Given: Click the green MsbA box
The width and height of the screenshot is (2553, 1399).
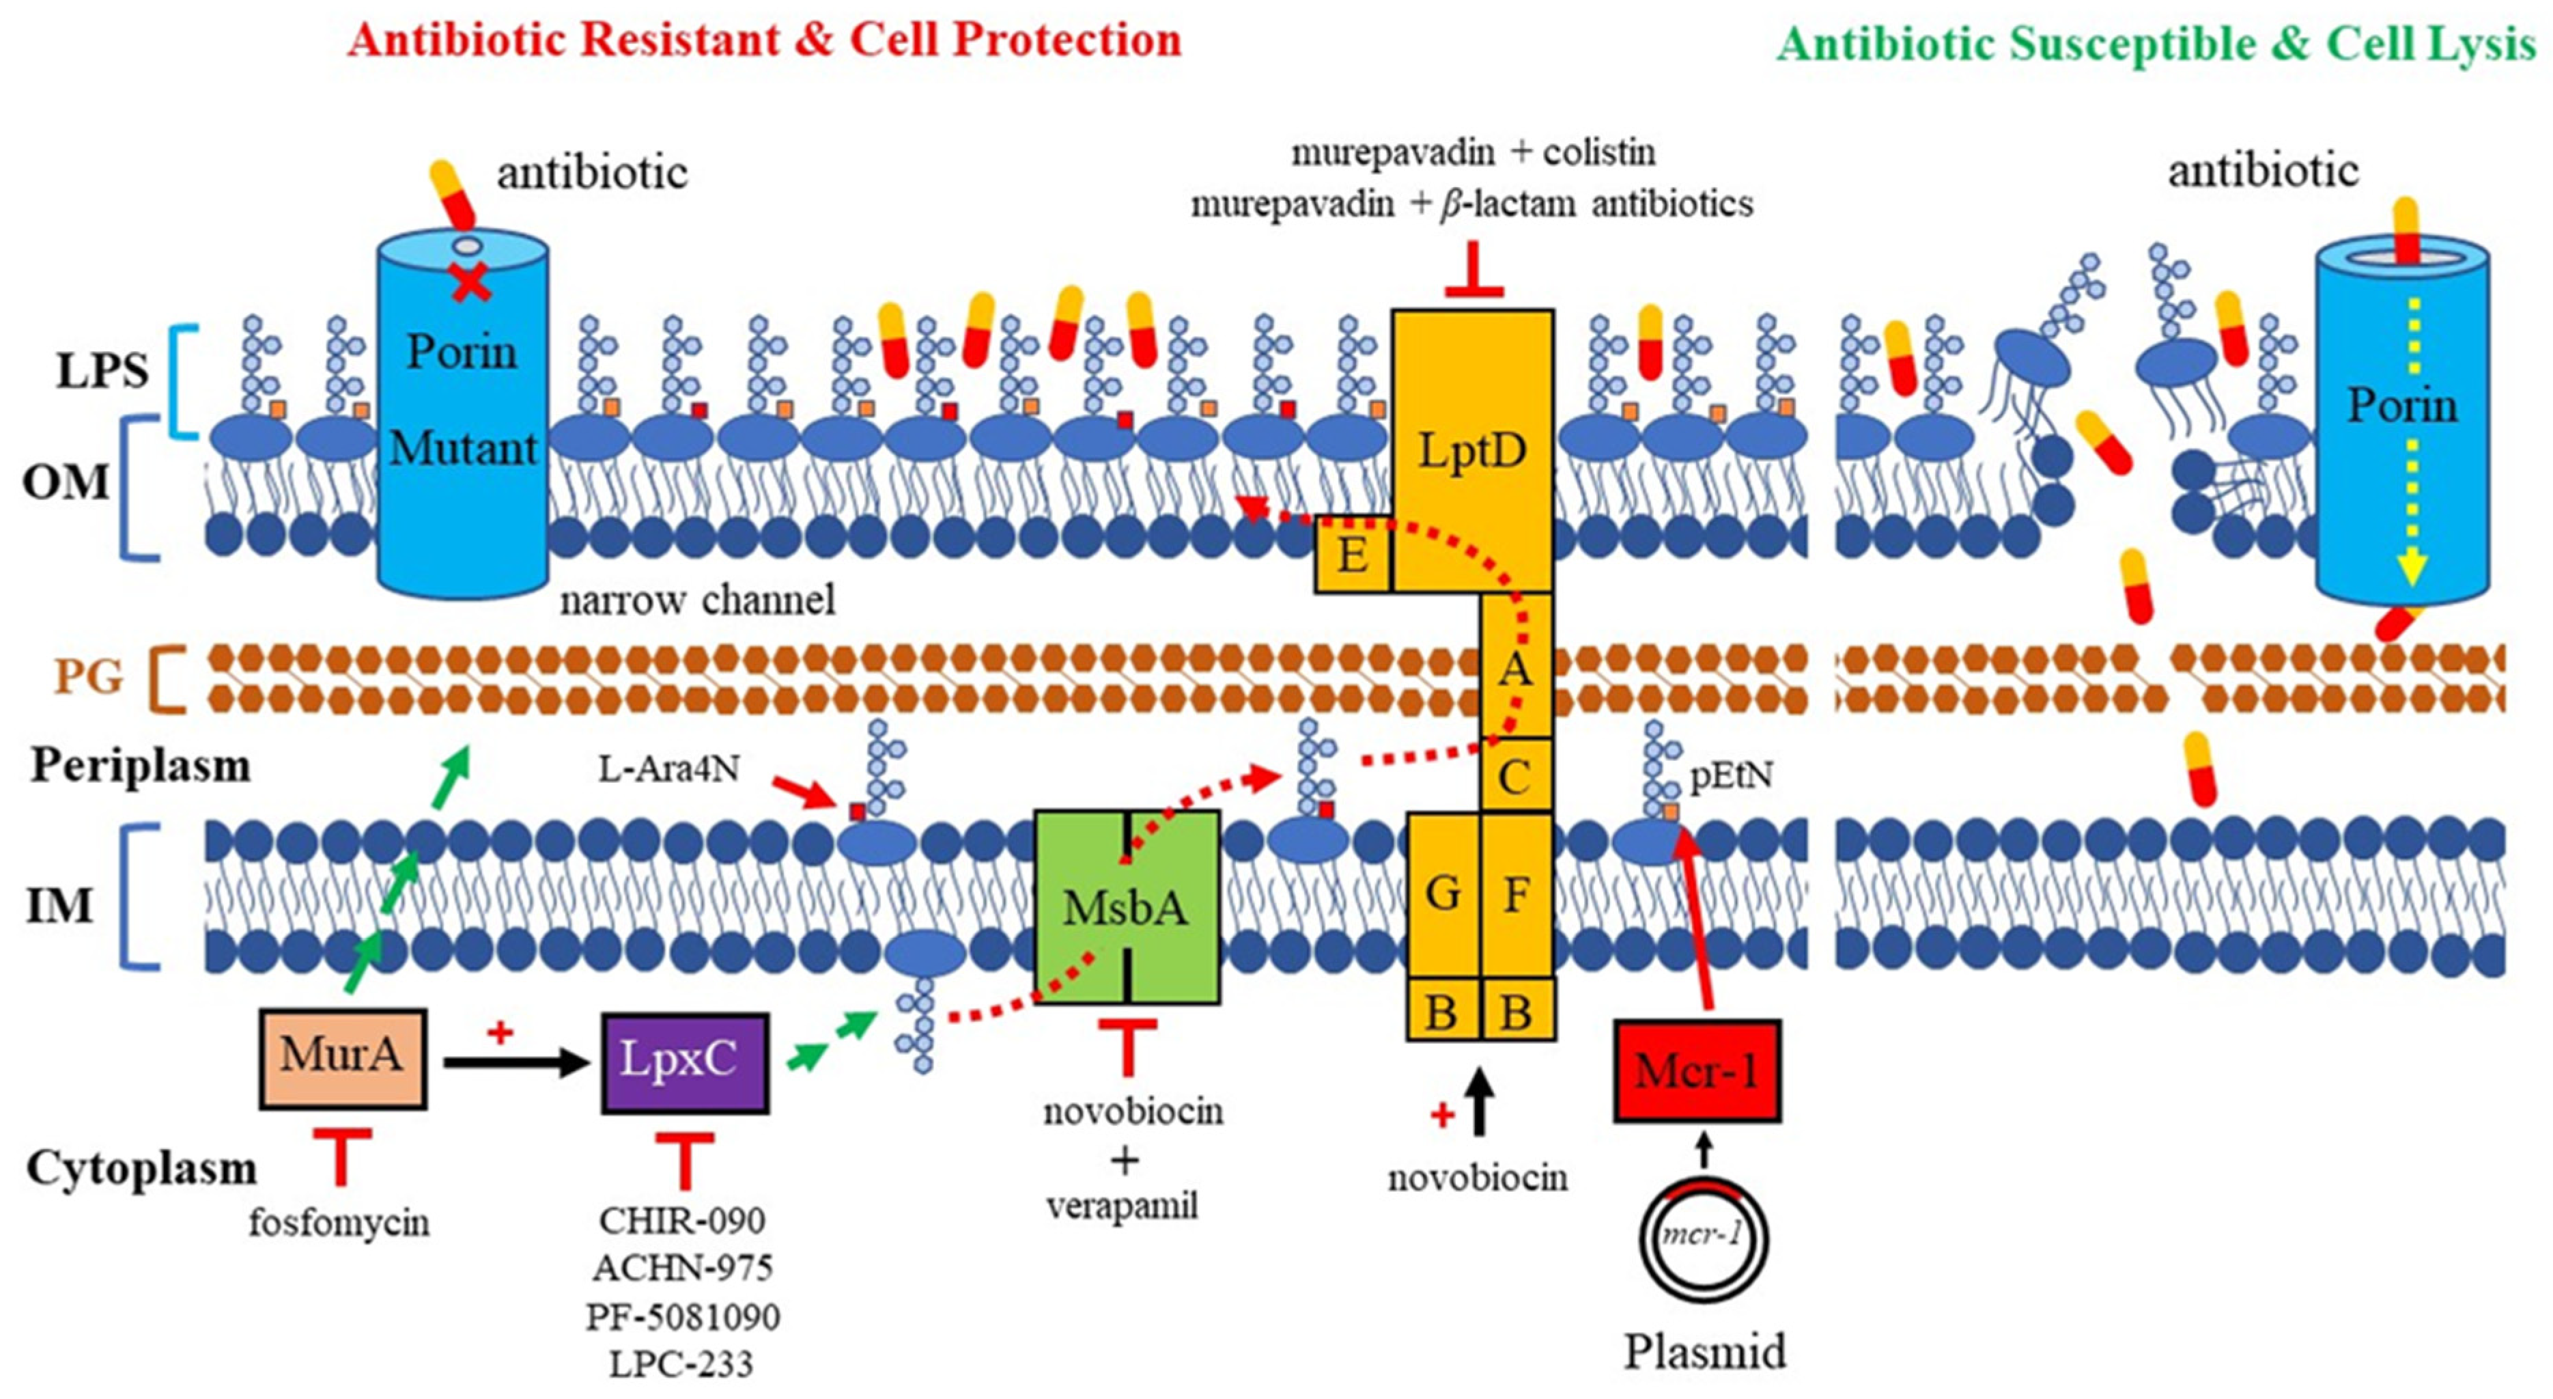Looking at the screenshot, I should coord(1127,907).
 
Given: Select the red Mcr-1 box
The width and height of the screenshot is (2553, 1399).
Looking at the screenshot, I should coord(1697,1072).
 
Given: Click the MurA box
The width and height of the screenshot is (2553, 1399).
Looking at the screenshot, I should coord(342,1057).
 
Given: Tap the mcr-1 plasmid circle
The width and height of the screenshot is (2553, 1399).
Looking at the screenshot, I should coord(1704,1239).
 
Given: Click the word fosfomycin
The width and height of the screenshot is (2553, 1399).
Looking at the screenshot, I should coord(339,1223).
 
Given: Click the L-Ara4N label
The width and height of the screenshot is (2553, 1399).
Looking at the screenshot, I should coord(669,768).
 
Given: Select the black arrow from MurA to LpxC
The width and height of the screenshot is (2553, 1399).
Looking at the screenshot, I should coord(516,1063).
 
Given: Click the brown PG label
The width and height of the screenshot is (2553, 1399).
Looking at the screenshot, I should coord(88,677).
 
